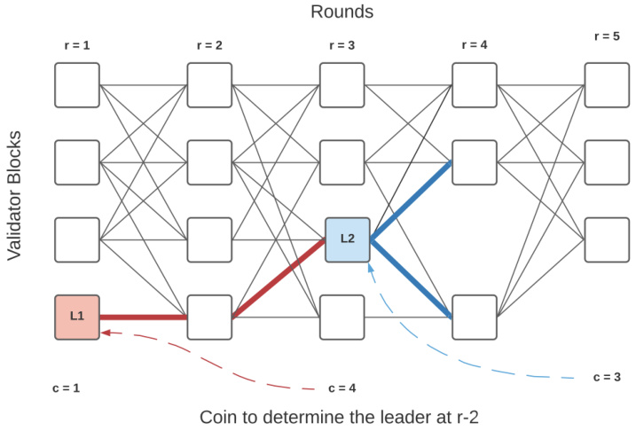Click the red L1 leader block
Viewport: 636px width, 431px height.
pos(76,317)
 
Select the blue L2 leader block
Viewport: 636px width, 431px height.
pos(347,239)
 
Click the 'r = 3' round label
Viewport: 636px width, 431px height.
pos(342,45)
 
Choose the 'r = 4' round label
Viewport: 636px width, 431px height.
pos(474,45)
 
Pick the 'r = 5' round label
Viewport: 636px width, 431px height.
pos(607,36)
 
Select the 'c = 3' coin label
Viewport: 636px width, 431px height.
pos(607,377)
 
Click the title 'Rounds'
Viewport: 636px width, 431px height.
pos(342,12)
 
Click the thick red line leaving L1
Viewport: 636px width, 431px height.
pos(142,317)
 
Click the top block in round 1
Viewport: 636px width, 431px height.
pos(76,84)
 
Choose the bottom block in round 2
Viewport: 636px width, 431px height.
pos(209,317)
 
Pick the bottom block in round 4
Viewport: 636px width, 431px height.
pos(475,317)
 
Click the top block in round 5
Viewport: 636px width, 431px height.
pos(607,84)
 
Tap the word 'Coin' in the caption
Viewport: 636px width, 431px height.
pos(218,417)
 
